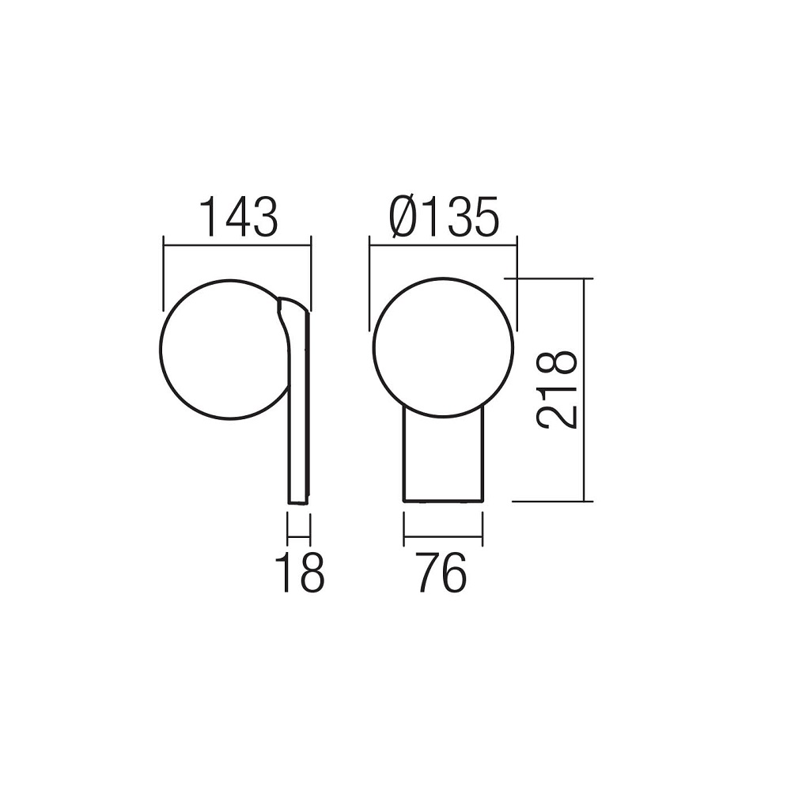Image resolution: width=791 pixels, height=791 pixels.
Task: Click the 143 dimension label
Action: [239, 217]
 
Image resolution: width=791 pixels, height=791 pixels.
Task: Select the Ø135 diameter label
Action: [444, 217]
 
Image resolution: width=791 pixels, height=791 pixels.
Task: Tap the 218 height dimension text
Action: [556, 390]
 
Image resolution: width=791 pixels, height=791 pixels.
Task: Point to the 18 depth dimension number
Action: [302, 572]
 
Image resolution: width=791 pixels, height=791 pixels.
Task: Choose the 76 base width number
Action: [441, 572]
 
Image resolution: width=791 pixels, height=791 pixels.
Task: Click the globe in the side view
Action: [160, 349]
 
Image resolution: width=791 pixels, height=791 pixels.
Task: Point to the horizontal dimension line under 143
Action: [237, 245]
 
